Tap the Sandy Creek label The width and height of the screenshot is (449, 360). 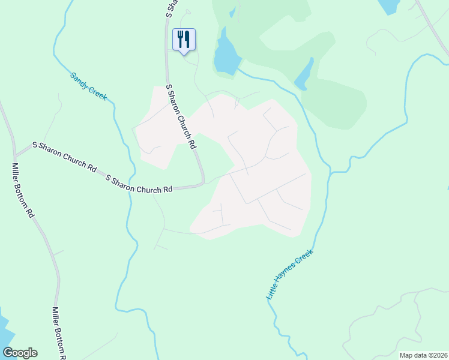pyautogui.click(x=88, y=86)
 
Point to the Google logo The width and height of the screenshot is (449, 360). pyautogui.click(x=20, y=353)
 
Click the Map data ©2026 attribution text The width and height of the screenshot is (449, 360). pyautogui.click(x=423, y=355)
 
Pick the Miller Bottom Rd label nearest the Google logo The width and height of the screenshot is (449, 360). pyautogui.click(x=58, y=333)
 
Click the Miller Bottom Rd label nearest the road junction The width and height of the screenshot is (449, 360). pyautogui.click(x=23, y=191)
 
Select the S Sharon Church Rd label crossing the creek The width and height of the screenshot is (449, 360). pyautogui.click(x=139, y=184)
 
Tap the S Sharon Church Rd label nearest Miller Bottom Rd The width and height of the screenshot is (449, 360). pyautogui.click(x=65, y=157)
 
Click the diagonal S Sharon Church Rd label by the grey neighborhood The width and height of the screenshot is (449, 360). pyautogui.click(x=181, y=117)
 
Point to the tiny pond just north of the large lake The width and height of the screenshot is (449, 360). pyautogui.click(x=232, y=11)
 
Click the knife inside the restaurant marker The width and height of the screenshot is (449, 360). pyautogui.click(x=187, y=39)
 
